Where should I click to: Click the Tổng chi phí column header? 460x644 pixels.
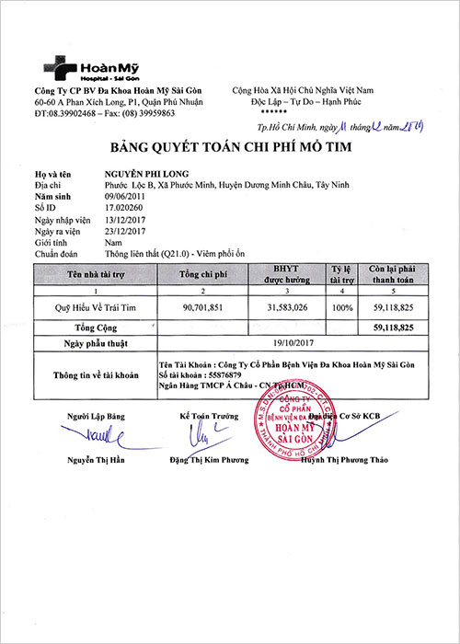(205, 274)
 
